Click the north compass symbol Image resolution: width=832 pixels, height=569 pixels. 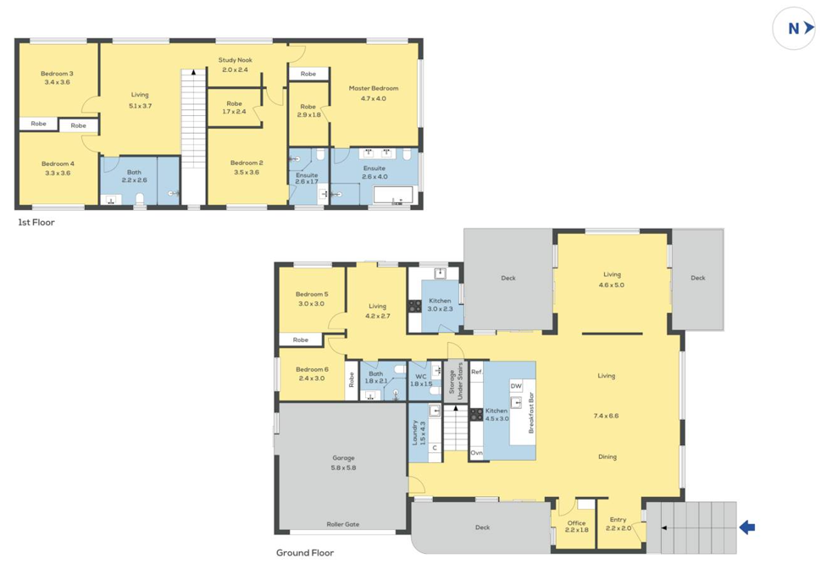pos(794,28)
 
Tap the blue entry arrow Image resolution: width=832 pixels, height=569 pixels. pos(746,528)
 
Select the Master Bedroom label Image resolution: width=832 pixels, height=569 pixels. pos(373,88)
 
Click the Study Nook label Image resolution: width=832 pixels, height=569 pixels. pos(235,60)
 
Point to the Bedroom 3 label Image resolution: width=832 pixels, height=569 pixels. pos(57,74)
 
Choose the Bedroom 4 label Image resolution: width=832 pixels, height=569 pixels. pos(57,163)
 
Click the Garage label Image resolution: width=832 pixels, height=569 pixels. pos(343,458)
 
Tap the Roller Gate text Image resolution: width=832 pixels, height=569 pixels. pos(343,524)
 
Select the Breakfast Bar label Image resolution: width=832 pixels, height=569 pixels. pos(531,413)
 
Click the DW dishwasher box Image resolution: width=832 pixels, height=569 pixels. pos(516,386)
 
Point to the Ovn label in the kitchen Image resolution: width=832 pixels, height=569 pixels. pos(476,453)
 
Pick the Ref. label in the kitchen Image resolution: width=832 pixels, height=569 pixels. pos(476,371)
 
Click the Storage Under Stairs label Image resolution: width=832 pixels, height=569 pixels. pos(457,381)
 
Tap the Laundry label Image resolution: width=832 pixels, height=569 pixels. pos(414,434)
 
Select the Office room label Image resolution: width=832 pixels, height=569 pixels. pos(576,523)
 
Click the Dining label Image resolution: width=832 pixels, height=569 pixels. pos(607,456)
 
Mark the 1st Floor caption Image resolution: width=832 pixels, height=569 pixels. pos(36,222)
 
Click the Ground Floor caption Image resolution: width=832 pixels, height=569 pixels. pos(304,553)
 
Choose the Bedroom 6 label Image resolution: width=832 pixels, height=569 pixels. pos(311,369)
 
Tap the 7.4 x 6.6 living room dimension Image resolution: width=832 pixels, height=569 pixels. pos(607,416)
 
